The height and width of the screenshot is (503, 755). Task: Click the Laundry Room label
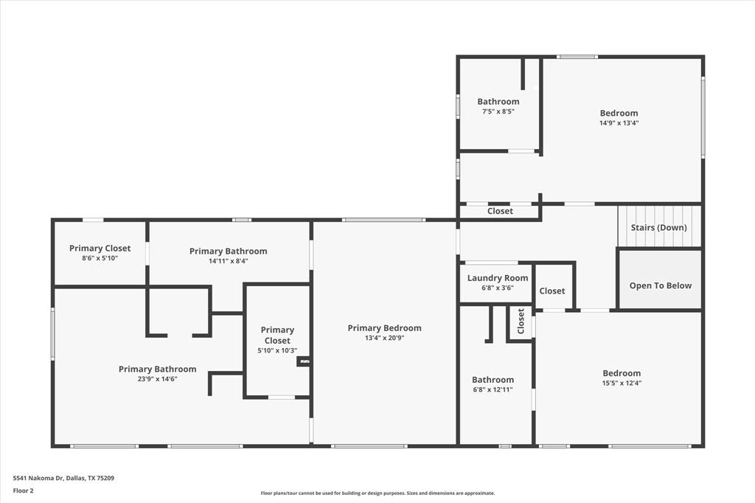pos(498,278)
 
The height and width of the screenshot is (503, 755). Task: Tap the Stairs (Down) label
pos(658,227)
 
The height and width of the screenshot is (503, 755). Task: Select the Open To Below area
pos(660,285)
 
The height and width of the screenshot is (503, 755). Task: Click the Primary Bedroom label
pos(384,328)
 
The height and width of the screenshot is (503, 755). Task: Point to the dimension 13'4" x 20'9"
pos(384,338)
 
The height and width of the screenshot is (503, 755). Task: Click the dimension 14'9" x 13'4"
pos(619,123)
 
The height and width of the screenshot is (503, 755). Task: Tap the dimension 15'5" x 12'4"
pos(622,383)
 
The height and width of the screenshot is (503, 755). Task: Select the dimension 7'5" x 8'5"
pos(498,111)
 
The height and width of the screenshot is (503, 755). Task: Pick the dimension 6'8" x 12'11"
pos(493,389)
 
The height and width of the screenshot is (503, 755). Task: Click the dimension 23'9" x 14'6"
pos(157,378)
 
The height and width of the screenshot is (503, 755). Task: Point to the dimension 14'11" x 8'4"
pos(228,260)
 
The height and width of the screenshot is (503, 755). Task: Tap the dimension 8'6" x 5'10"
pos(100,258)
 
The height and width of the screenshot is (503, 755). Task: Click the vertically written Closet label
pos(521,322)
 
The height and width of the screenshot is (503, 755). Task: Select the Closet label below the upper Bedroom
pos(500,211)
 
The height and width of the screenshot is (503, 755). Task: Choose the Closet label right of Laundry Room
pos(552,291)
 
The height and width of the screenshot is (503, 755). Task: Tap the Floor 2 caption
pos(23,490)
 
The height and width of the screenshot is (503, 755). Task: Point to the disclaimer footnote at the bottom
pos(377,493)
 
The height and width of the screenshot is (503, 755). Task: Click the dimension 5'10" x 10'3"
pos(277,351)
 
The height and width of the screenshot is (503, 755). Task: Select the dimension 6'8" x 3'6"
pos(498,288)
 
